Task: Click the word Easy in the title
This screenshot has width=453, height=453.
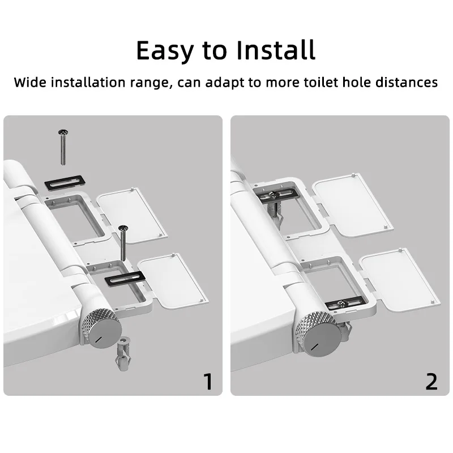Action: pos(164,50)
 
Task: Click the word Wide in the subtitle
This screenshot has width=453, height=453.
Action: pos(30,82)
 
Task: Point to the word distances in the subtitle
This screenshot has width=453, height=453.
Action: pos(407,82)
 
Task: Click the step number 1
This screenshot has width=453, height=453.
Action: pos(208,381)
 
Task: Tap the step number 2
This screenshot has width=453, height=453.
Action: pos(431,381)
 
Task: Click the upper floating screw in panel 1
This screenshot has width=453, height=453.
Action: pos(63,147)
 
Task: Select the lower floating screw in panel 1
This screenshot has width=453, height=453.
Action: pos(123,243)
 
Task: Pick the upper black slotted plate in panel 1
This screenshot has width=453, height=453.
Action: pos(65,183)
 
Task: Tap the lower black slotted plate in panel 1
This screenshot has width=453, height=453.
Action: pos(125,279)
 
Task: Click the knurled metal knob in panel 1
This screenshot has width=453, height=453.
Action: pos(101,328)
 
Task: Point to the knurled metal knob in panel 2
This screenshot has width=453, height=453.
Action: pos(318,333)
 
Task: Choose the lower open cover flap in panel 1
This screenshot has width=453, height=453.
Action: pos(173,281)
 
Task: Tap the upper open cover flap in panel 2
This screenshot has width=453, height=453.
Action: pos(353,205)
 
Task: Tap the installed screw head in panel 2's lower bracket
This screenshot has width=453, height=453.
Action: pos(342,304)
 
